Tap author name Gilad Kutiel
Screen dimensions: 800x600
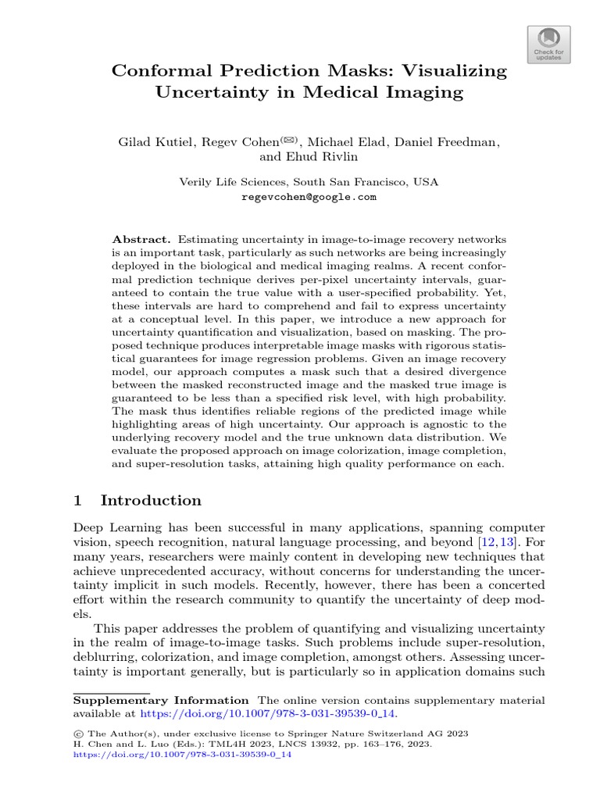(x=156, y=142)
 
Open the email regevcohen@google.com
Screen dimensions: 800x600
(x=309, y=197)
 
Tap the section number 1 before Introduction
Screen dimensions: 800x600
(x=78, y=501)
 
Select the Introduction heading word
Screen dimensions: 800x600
(x=151, y=501)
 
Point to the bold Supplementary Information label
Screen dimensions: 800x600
(x=161, y=700)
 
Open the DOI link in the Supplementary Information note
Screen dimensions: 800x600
(x=267, y=713)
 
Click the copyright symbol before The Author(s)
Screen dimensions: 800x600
(x=77, y=734)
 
